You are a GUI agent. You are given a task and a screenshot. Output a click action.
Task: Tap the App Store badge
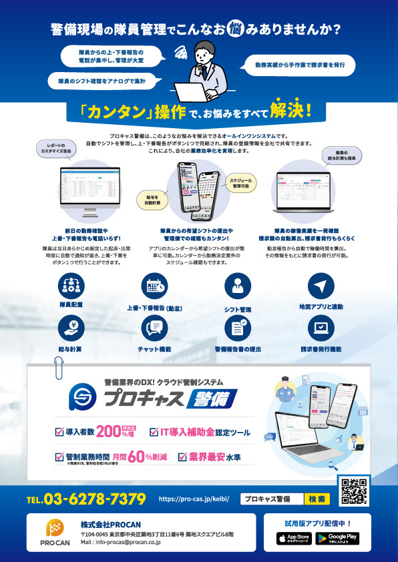(294, 537)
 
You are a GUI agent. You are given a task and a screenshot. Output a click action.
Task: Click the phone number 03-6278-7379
(86, 499)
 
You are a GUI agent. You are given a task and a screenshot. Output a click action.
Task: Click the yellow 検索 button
(317, 499)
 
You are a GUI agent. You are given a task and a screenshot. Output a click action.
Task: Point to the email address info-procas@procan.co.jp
(121, 543)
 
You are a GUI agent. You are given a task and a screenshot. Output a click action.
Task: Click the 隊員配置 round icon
(71, 286)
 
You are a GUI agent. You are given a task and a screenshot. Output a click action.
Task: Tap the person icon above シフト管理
(237, 286)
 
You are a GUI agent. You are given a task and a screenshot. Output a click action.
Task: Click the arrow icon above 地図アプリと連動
(321, 286)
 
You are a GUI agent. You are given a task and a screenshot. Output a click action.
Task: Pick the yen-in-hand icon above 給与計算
(71, 327)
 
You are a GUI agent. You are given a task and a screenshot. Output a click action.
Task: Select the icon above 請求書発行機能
(321, 327)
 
